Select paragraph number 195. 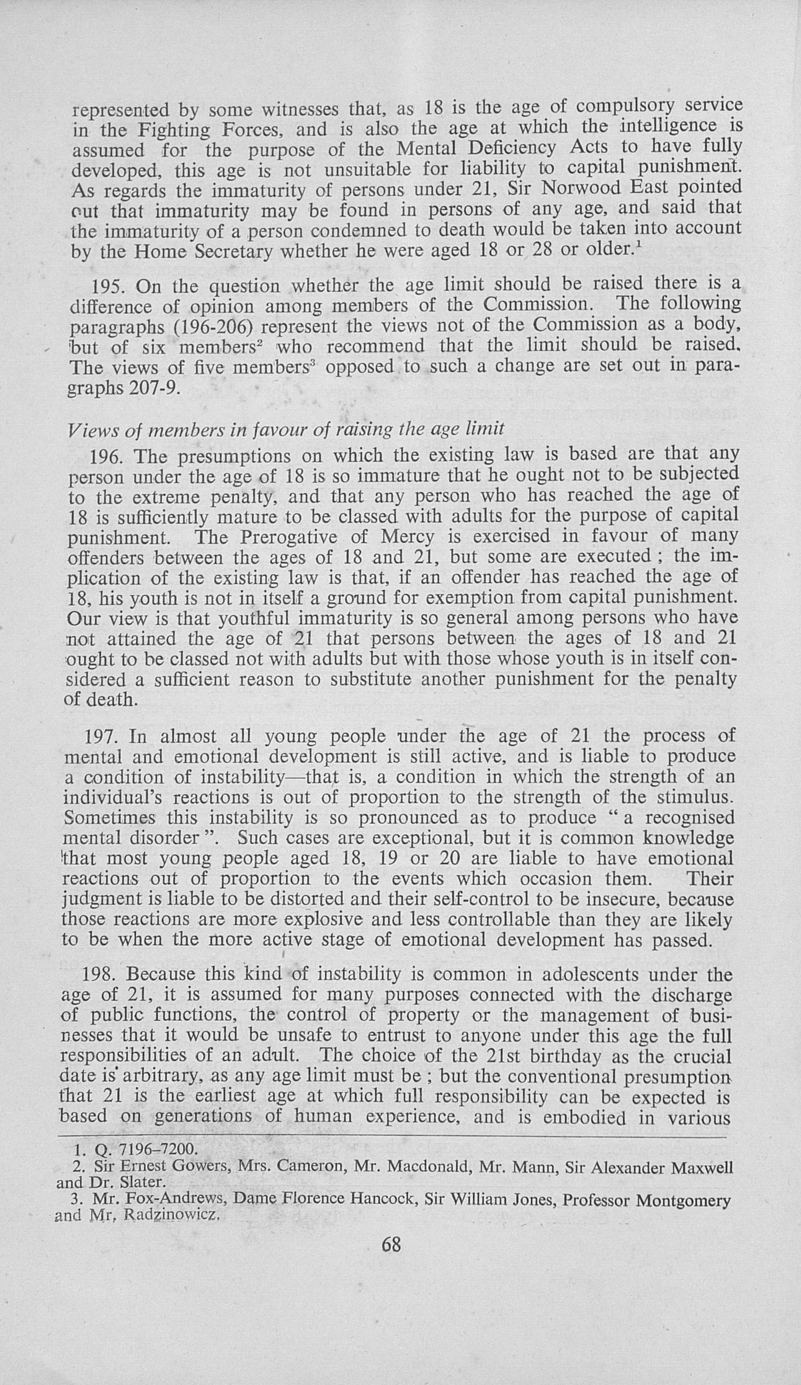(x=108, y=287)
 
